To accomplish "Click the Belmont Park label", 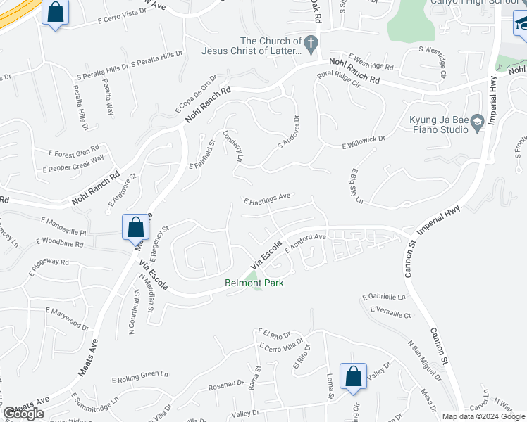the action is click(x=248, y=283).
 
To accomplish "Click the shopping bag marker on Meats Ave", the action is click(x=136, y=229).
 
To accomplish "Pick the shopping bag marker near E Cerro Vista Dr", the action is click(x=55, y=13).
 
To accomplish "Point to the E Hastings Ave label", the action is click(x=267, y=198).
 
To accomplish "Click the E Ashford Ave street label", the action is click(x=305, y=243).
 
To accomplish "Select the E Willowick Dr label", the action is click(x=364, y=143).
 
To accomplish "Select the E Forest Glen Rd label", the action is click(x=74, y=151).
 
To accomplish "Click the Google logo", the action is click(x=23, y=414).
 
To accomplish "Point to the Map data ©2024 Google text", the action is click(x=483, y=416).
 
